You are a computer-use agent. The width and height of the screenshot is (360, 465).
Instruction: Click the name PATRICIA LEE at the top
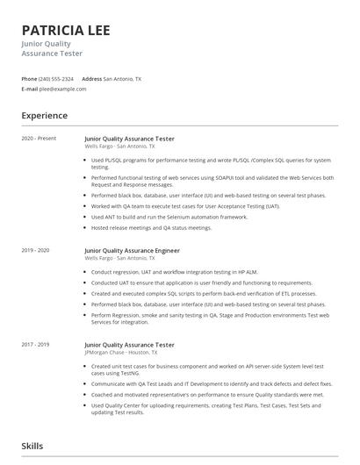pos(66,30)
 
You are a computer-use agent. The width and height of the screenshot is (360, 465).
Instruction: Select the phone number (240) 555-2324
pos(56,79)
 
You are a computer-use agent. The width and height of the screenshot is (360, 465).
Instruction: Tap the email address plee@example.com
pos(57,89)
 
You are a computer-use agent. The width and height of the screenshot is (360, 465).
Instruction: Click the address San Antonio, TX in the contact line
pos(122,79)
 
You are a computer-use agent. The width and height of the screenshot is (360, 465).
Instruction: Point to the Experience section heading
pos(44,116)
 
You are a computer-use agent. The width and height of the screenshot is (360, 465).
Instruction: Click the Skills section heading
pos(32,447)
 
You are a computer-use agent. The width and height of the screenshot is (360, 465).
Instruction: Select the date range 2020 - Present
pos(39,139)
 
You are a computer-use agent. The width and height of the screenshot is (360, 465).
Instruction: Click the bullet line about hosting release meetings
pos(151,227)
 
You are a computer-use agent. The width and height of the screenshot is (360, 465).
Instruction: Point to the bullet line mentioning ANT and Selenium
pos(169,217)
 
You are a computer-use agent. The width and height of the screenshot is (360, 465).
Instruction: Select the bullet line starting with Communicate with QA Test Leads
pos(211,383)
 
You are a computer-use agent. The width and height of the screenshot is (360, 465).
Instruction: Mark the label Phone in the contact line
pos(29,79)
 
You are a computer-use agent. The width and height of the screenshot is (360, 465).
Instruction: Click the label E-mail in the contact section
pos(30,89)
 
